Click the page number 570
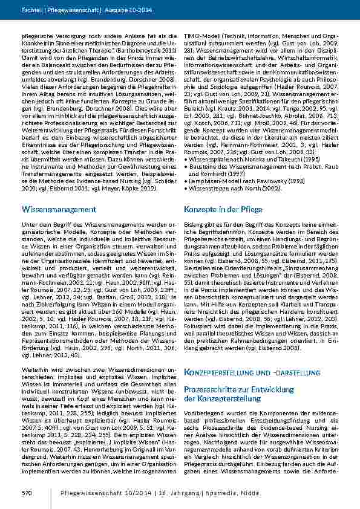[27, 493]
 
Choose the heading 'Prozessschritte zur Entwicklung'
[233, 390]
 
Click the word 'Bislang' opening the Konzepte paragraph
[193, 224]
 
